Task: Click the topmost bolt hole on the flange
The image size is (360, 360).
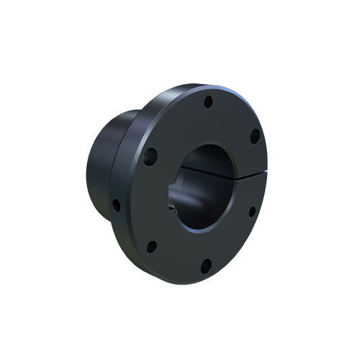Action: coord(207,101)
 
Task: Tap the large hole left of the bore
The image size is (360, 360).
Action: coord(150,156)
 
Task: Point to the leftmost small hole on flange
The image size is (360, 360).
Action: coord(115,204)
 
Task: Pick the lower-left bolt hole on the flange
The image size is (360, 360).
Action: coord(151,247)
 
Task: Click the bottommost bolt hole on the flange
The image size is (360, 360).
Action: coord(204,266)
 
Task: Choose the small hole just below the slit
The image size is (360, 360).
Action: coord(252,212)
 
